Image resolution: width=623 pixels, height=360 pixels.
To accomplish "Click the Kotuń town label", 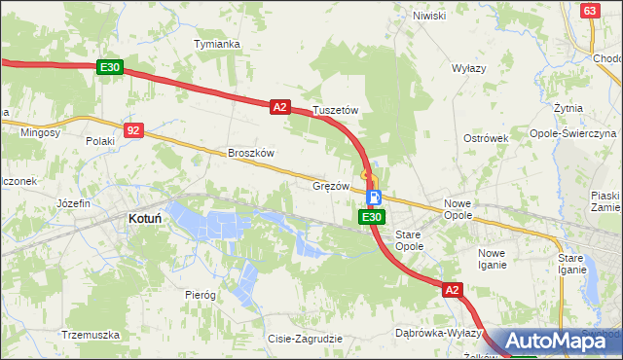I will tap(145, 220).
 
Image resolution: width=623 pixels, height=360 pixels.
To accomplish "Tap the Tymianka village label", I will tap(216, 45).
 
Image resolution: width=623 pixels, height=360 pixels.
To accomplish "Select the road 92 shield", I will tap(134, 128).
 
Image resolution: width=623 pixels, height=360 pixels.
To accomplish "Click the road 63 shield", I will tap(589, 10).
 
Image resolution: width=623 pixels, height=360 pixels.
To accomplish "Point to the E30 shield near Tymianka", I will tap(110, 67).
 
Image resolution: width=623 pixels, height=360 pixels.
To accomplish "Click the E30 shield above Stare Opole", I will tap(370, 217).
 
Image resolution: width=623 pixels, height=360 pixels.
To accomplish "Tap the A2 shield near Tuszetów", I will tap(279, 107).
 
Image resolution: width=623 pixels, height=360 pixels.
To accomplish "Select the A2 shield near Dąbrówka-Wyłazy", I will tap(452, 290).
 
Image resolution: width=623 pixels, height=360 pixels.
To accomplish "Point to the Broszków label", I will tap(252, 153).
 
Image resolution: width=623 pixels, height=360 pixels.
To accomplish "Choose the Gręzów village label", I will tap(330, 185).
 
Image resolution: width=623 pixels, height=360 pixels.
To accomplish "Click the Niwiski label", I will tap(428, 16).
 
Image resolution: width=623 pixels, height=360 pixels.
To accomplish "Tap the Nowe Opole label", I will tap(458, 209).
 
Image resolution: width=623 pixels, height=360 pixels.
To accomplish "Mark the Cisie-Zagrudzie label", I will tap(305, 339).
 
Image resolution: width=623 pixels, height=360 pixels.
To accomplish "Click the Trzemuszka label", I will tap(90, 334).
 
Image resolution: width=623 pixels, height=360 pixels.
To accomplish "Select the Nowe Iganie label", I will tap(492, 258).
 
